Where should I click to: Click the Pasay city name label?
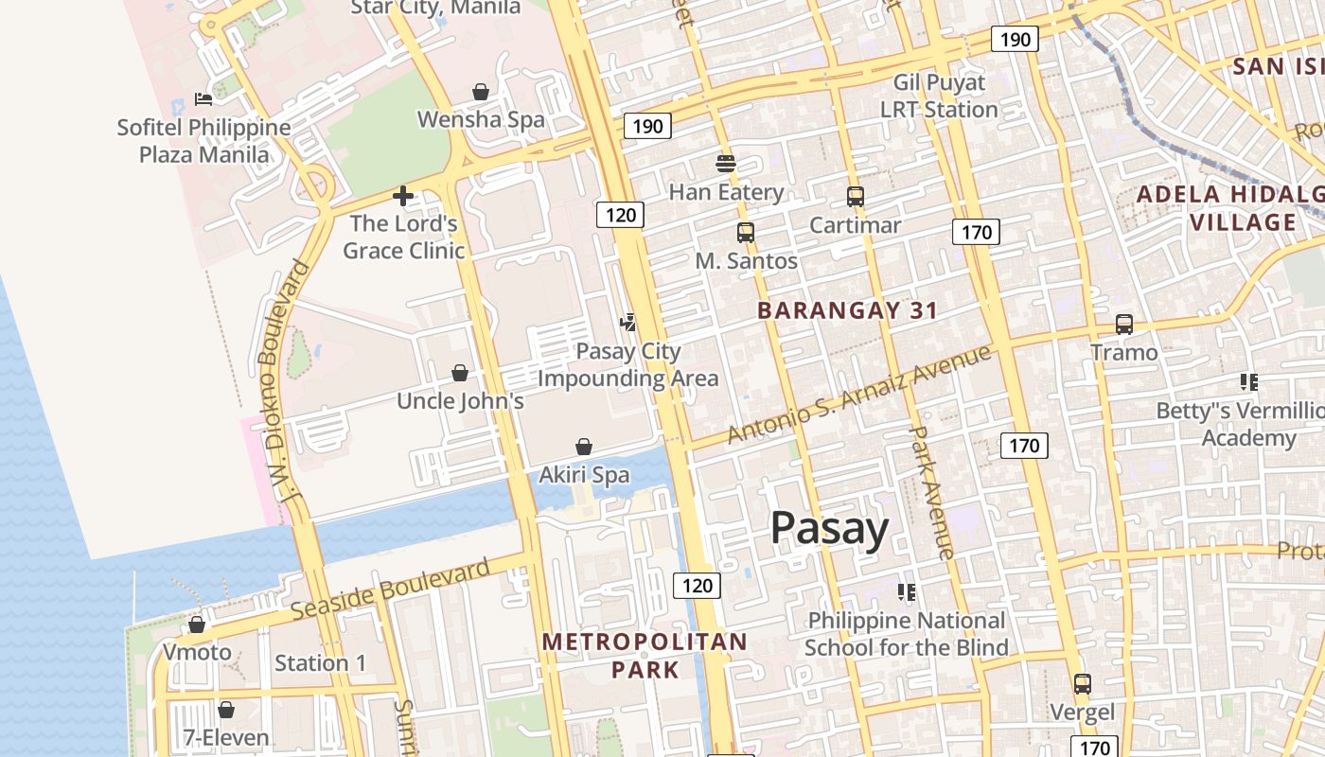829,528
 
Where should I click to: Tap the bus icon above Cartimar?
856,197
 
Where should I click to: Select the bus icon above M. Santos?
746,232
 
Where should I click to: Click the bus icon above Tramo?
1124,324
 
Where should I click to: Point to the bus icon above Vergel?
1082,683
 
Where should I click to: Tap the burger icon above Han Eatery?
726,163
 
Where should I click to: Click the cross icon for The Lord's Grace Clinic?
403,196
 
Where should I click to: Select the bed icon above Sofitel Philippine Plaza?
203,98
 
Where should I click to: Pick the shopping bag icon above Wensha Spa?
481,92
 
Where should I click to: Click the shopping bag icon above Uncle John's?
460,373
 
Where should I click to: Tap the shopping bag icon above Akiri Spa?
584,447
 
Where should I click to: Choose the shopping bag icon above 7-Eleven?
226,710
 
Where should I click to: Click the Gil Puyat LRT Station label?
939,96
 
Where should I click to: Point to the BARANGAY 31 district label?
848,310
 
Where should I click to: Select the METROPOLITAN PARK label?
645,656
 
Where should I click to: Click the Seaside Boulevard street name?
390,590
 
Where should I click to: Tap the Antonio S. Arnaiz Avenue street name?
858,394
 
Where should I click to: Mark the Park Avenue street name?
931,490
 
